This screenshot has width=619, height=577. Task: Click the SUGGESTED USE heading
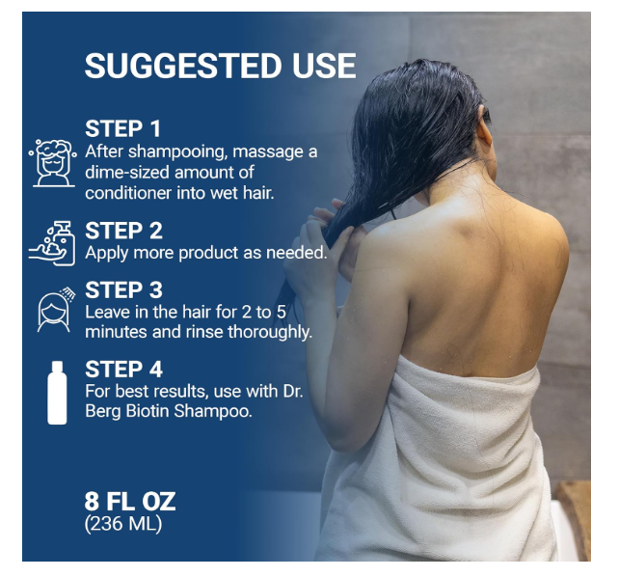tap(220, 66)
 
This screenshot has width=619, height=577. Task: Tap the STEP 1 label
tap(122, 128)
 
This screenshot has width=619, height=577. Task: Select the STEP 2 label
tap(123, 231)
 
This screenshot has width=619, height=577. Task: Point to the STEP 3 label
tap(123, 289)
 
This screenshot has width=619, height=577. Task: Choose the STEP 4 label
tap(123, 370)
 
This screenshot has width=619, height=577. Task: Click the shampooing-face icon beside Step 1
tap(53, 163)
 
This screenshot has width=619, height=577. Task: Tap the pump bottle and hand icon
tap(52, 243)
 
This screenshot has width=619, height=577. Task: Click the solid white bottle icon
tap(57, 393)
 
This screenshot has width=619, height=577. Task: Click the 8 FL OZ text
tap(130, 502)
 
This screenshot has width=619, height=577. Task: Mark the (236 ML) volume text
tap(123, 524)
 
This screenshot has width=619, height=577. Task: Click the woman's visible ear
tap(484, 131)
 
